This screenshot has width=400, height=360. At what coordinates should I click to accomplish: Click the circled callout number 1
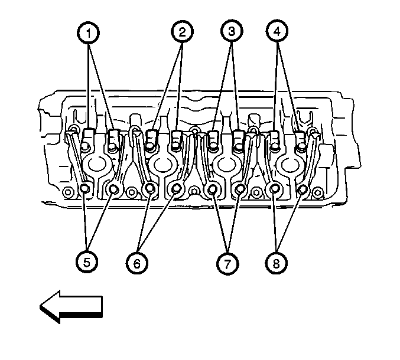click(x=88, y=33)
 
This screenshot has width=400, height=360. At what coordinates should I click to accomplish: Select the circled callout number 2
click(x=182, y=32)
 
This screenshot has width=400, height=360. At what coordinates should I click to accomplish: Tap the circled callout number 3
click(x=232, y=31)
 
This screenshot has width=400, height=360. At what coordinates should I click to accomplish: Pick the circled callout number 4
click(x=277, y=31)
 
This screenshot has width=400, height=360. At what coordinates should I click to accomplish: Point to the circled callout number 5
click(x=87, y=262)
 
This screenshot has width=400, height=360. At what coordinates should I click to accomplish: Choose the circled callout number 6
click(x=137, y=263)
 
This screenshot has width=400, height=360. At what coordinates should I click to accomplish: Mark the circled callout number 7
click(x=227, y=263)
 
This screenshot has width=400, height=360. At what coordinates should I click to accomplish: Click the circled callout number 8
click(x=277, y=263)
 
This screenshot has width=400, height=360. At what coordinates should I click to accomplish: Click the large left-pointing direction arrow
click(x=71, y=307)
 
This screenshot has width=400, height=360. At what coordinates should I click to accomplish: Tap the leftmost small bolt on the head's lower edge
click(x=67, y=192)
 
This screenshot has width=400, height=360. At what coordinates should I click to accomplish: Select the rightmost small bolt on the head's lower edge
click(x=317, y=192)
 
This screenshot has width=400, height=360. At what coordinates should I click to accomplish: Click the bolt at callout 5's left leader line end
click(x=84, y=188)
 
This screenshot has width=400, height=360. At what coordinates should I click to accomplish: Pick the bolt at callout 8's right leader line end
click(x=303, y=189)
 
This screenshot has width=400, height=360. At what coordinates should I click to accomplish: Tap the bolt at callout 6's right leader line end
click(x=176, y=188)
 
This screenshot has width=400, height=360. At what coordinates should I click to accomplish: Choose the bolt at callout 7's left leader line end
click(x=212, y=189)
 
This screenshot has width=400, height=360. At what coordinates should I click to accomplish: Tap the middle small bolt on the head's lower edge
click(x=194, y=191)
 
